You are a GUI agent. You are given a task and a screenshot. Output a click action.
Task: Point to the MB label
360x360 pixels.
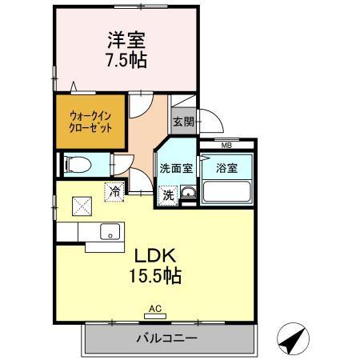pyautogui.click(x=226, y=145)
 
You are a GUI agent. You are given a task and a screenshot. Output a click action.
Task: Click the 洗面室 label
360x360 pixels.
pyautogui.click(x=174, y=169)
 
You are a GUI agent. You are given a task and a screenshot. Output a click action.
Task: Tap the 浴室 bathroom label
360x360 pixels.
pyautogui.click(x=226, y=169)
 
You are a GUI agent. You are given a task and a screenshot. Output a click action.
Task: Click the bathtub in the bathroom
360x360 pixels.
pyautogui.click(x=227, y=192)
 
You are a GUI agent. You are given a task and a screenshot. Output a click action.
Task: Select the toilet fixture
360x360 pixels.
pyautogui.click(x=79, y=164)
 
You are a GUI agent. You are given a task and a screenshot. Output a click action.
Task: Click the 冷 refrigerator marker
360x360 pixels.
pyautogui.click(x=114, y=192)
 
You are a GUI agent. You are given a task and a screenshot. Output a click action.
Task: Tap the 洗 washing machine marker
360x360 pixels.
pyautogui.click(x=168, y=194)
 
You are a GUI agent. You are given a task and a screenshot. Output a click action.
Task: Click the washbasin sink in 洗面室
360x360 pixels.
pyautogui.click(x=188, y=194)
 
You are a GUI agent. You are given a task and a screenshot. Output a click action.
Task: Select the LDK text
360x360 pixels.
pyautogui.click(x=155, y=258)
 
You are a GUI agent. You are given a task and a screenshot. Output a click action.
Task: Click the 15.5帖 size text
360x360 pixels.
pyautogui.click(x=155, y=278)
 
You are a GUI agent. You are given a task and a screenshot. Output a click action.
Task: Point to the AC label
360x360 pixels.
pyautogui.click(x=155, y=308)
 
